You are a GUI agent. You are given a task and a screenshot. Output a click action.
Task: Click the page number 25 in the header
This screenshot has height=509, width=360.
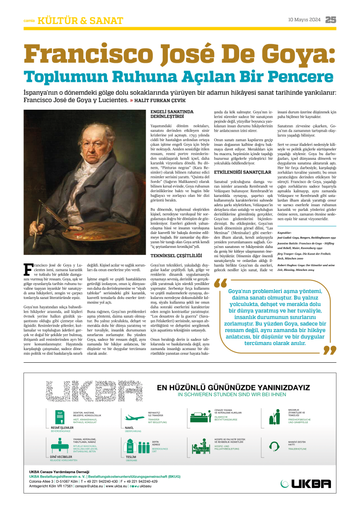click(331, 20)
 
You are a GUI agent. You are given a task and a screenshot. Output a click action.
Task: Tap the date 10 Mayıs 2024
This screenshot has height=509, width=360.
click(304, 20)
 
